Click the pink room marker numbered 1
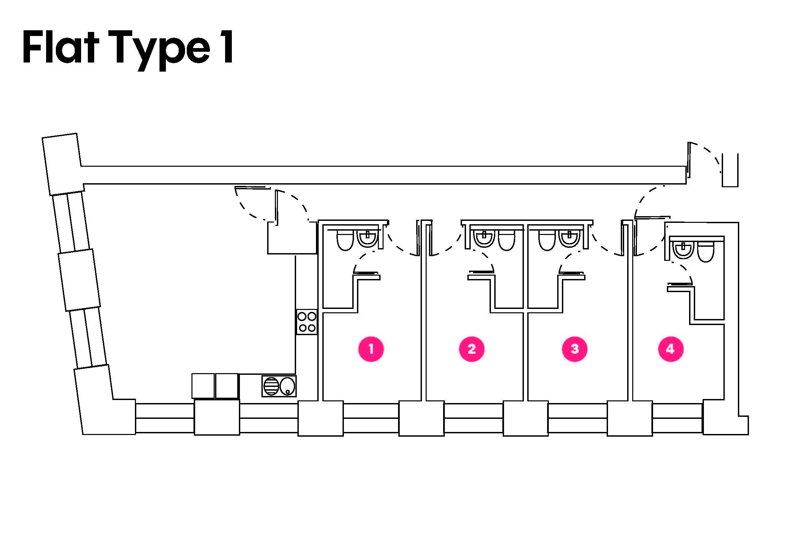tap(371, 349)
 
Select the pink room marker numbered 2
tap(472, 349)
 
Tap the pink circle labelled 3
tap(575, 349)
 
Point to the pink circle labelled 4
tap(671, 349)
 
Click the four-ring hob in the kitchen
tap(307, 322)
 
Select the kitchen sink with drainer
tap(279, 386)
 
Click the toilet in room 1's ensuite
tap(345, 240)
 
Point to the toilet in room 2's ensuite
tap(507, 240)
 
